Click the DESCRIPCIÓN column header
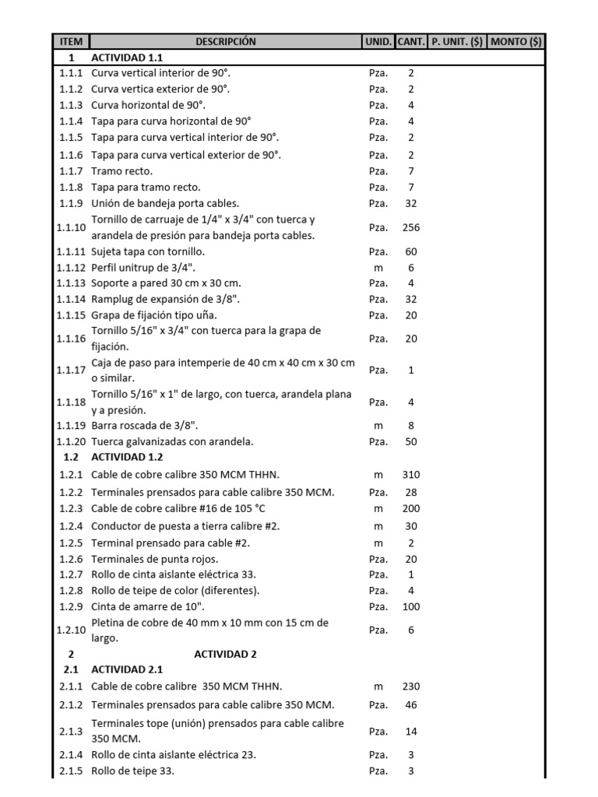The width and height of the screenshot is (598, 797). tap(225, 41)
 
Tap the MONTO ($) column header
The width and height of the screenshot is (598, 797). tap(515, 41)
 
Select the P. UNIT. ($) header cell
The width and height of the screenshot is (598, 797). tap(457, 41)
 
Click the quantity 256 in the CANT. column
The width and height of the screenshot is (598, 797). tap(411, 227)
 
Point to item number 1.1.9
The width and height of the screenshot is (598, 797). tap(72, 203)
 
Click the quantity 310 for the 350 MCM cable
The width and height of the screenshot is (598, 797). tap(411, 474)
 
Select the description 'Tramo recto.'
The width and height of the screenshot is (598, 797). tap(122, 170)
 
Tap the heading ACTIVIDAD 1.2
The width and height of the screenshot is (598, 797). tap(127, 457)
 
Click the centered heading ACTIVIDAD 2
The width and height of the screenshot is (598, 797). tap(225, 654)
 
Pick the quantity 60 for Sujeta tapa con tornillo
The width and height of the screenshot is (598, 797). tap(411, 251)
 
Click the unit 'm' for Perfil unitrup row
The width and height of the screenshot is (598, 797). tap(378, 267)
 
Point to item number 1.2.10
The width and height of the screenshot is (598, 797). tap(72, 630)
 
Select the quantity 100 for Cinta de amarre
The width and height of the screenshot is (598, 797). tap(411, 606)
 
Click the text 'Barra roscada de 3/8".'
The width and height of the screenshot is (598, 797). tap(145, 425)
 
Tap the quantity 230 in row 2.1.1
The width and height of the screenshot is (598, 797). tap(411, 686)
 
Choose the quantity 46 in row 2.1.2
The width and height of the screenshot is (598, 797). tap(411, 704)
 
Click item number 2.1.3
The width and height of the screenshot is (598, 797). tap(72, 731)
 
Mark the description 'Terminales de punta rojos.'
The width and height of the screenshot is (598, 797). tap(155, 558)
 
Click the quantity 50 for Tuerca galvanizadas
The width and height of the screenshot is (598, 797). tap(411, 441)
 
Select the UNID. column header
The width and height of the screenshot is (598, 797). tap(378, 41)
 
